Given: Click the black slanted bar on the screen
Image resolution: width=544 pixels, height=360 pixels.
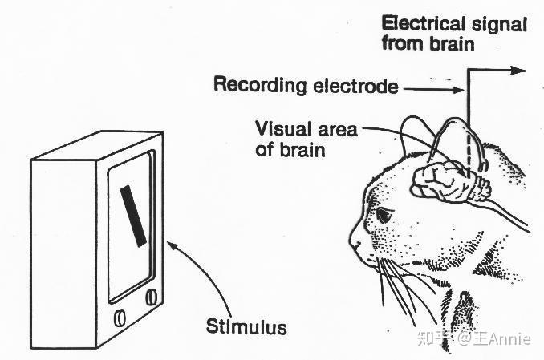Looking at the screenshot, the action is pos(133,216).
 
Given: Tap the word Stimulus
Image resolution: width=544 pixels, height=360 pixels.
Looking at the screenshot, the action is pos(246,326).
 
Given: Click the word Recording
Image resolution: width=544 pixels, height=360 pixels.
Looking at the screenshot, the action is pos(260,85).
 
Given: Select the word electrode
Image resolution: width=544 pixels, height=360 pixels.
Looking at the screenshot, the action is pos(355,85).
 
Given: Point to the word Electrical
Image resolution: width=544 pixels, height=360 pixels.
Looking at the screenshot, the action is pos(423,24).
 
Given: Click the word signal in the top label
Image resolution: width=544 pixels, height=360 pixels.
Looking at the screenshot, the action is pos(499,25).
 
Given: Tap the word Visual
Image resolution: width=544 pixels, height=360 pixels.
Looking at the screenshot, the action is pos(282,129).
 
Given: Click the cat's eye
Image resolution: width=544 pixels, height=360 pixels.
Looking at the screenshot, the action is pos(383,215).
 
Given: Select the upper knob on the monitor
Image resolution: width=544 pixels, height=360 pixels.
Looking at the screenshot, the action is pos(152,297).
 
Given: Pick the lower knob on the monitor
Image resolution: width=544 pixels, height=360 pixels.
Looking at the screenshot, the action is pos(120,318).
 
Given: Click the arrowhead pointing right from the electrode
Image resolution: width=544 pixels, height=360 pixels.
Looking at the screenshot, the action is pos(519,71).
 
